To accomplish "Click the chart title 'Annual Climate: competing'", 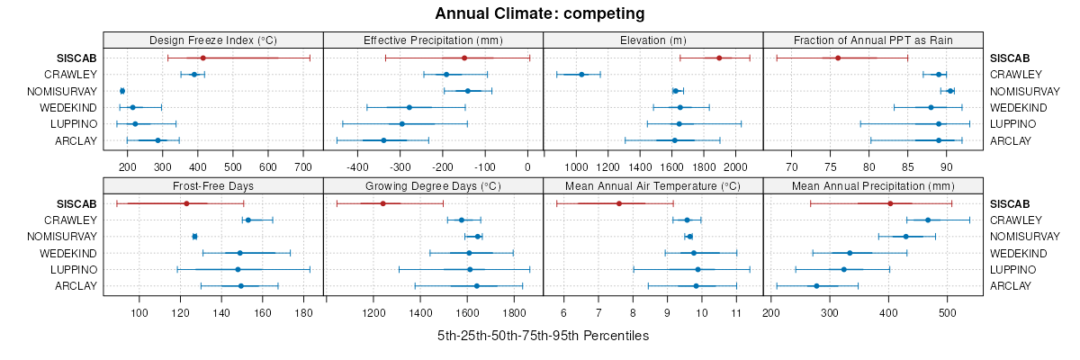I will click(540, 13).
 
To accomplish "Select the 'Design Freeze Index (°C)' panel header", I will click(213, 40).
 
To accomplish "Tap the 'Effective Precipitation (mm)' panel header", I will click(433, 40).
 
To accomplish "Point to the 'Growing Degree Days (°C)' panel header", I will click(433, 186).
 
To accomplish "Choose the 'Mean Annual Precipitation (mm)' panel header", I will click(873, 186).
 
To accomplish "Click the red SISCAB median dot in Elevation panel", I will click(719, 58).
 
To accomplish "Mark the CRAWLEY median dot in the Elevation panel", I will click(581, 75).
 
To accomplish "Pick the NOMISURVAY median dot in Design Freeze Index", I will click(122, 91).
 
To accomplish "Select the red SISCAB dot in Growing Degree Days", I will click(382, 203).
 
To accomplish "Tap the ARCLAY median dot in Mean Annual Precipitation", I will click(816, 286).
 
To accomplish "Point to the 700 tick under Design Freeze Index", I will click(302, 166).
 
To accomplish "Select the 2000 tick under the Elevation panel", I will click(735, 166).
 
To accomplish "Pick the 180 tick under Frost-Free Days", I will click(304, 312).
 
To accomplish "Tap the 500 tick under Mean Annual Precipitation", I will click(947, 312).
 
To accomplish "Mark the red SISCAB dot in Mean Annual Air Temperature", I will click(619, 203).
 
